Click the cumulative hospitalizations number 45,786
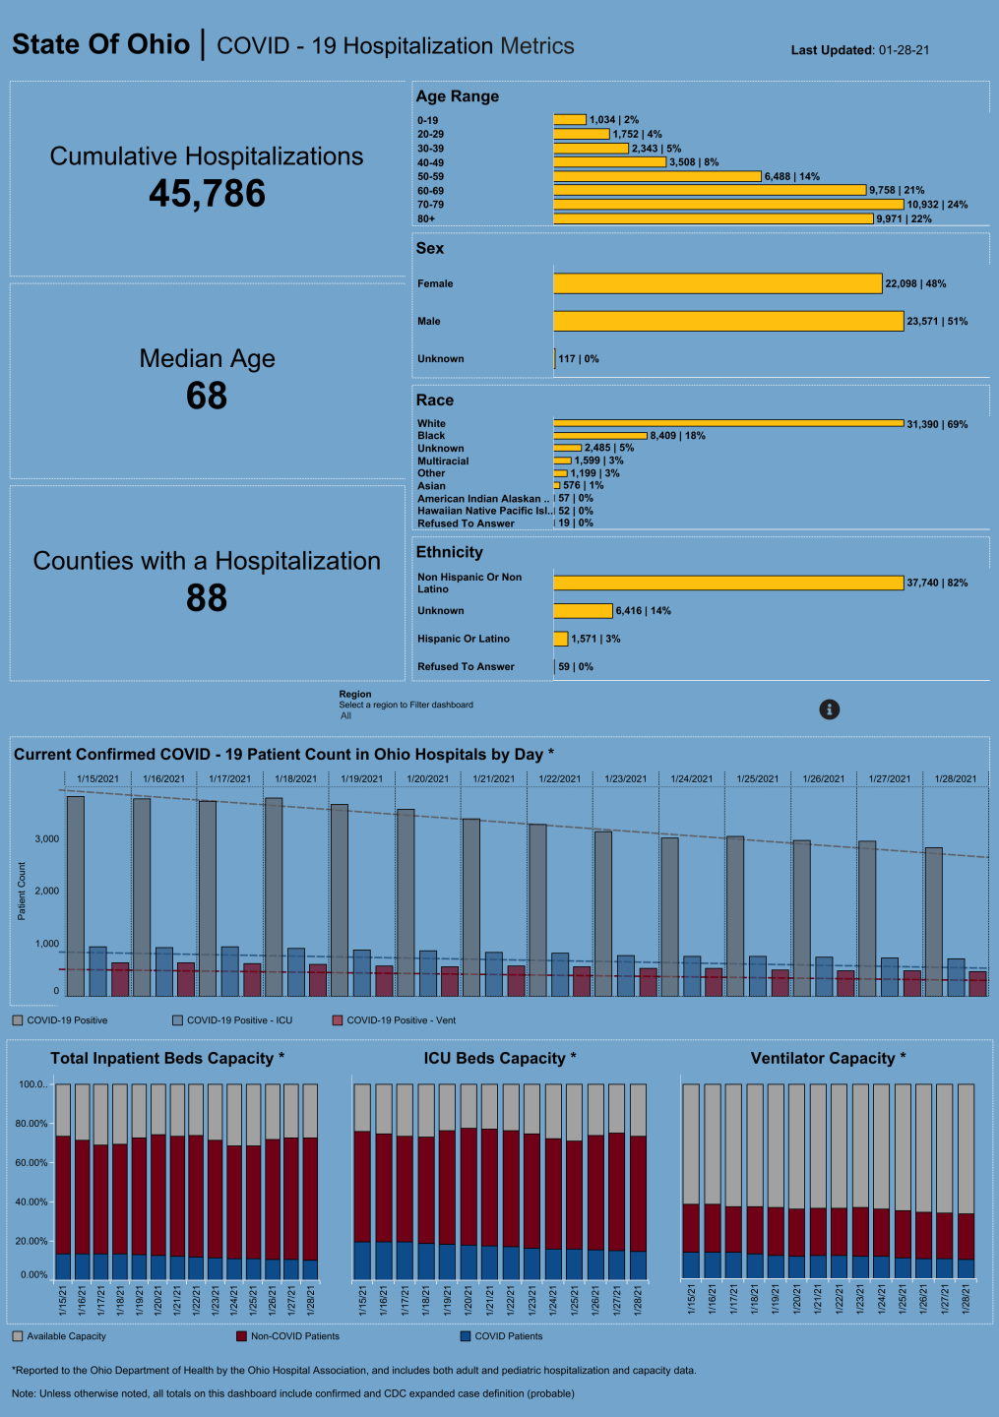(x=207, y=194)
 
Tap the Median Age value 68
(x=207, y=397)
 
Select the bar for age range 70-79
(x=728, y=205)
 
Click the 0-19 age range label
(x=428, y=120)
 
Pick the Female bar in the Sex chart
(x=718, y=283)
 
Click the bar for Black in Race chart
(x=600, y=435)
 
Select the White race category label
(x=431, y=424)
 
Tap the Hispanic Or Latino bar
(x=561, y=639)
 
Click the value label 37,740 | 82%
(x=937, y=584)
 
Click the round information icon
(x=830, y=709)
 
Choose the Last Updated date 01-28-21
(x=904, y=50)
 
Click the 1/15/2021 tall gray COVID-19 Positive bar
(x=76, y=895)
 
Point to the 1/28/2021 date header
(x=955, y=778)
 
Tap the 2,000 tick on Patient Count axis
(x=47, y=891)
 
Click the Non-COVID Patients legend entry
(x=294, y=1336)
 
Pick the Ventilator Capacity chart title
(x=828, y=1058)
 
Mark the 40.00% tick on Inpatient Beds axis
(x=32, y=1202)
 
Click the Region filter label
(x=355, y=694)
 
